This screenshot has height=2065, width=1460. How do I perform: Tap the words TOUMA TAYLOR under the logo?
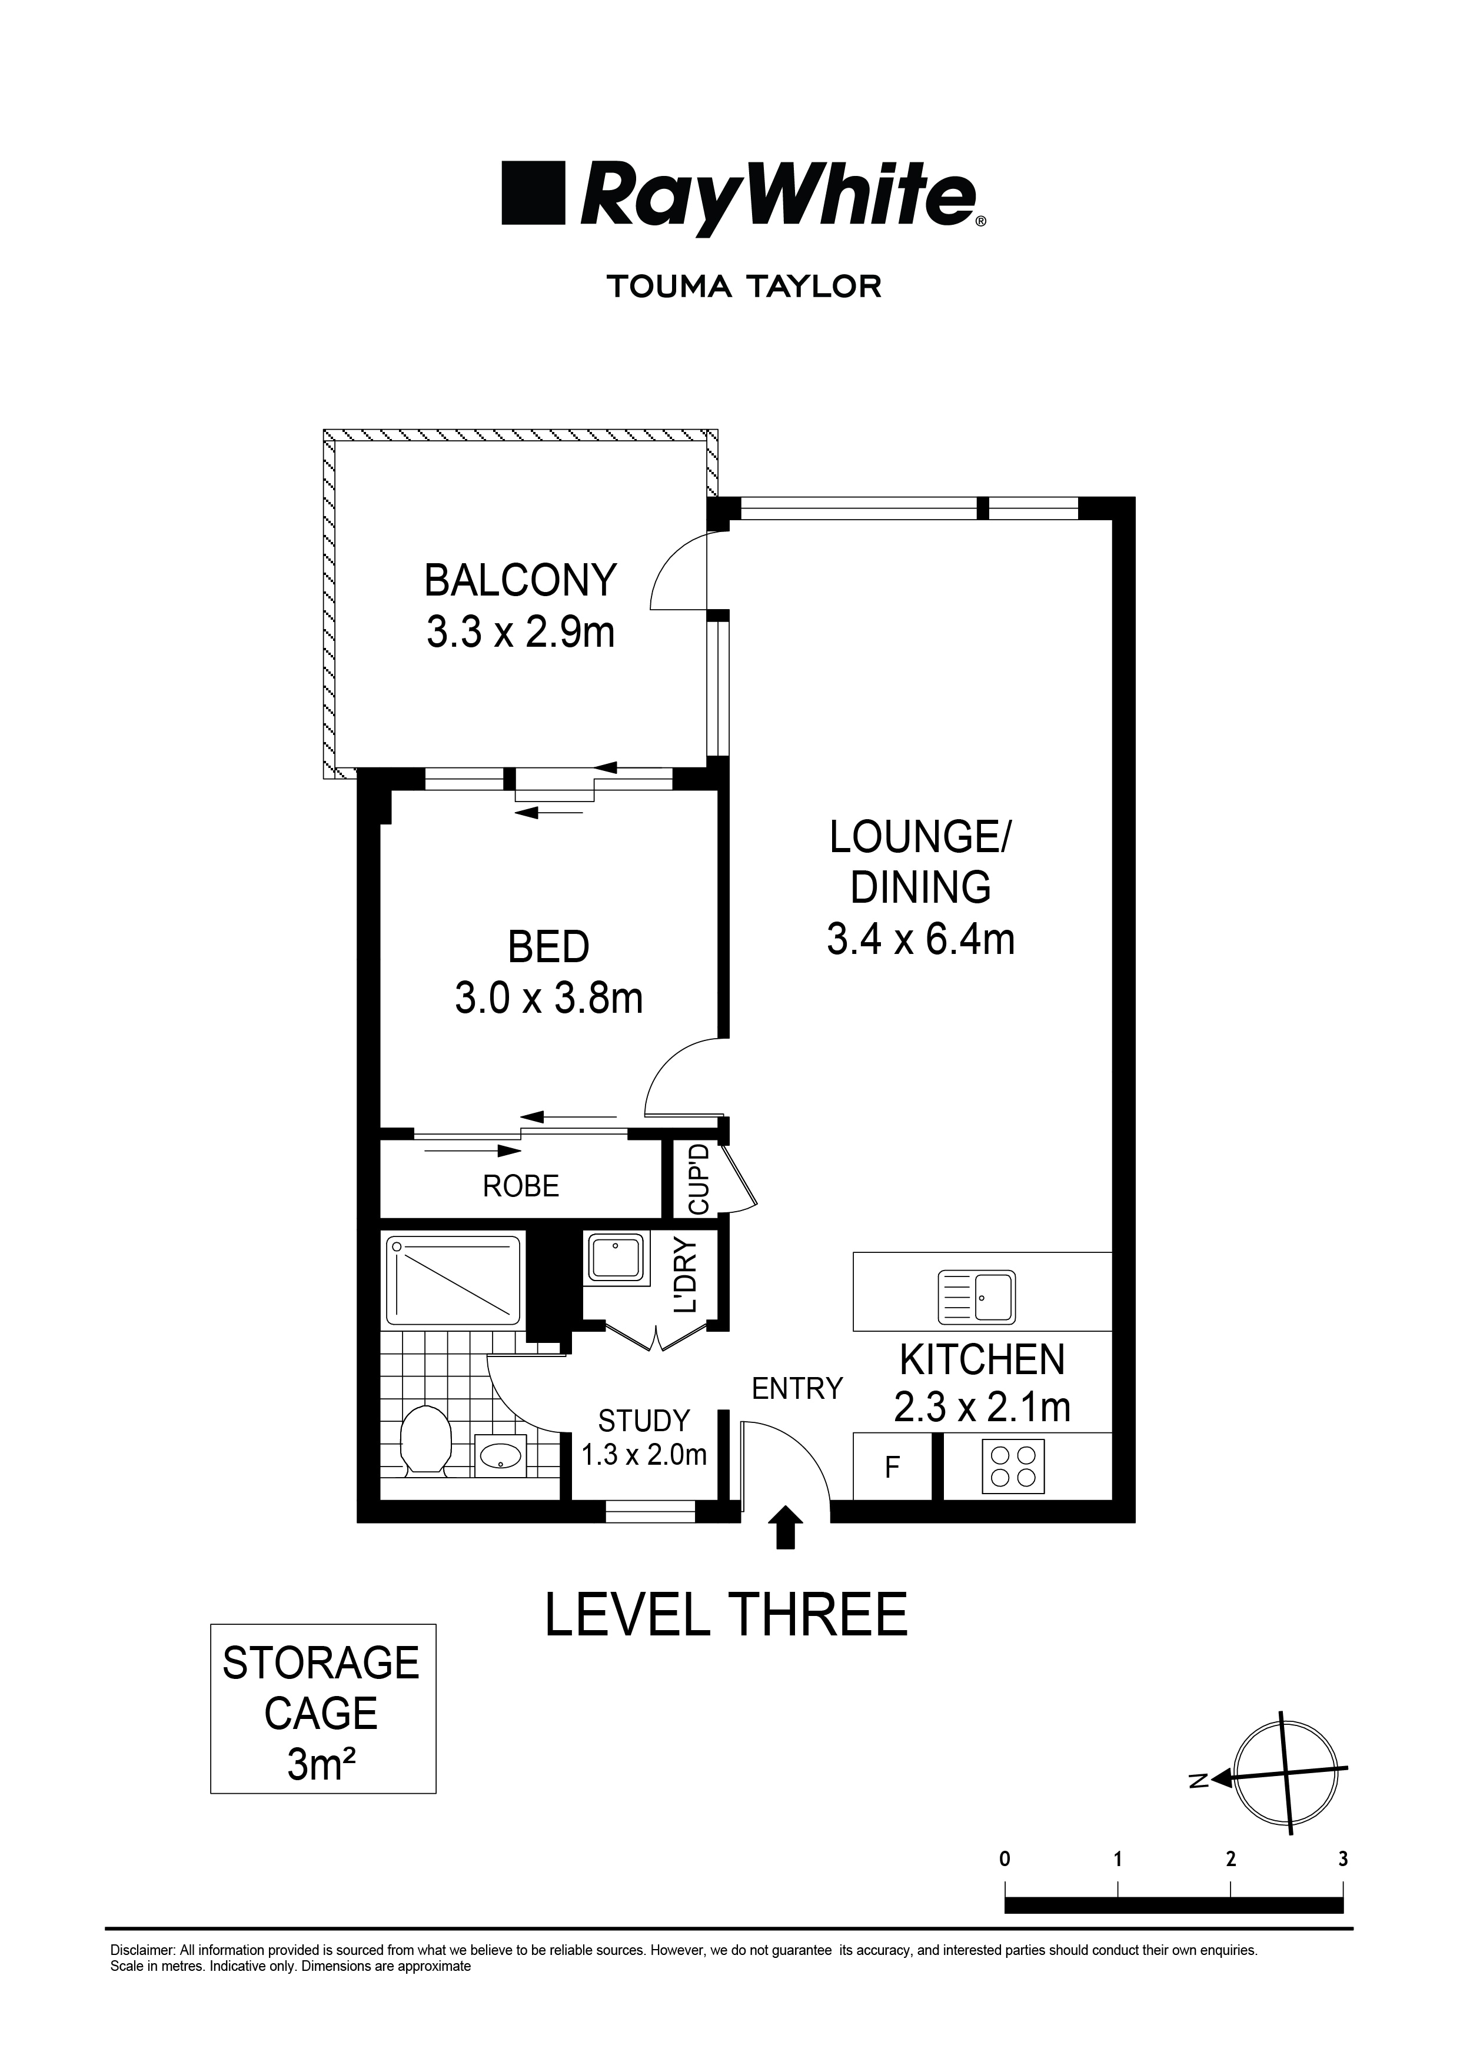743,287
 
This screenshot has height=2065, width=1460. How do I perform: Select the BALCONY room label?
520,580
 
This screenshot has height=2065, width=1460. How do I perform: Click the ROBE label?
521,1186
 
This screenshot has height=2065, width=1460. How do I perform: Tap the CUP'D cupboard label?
699,1180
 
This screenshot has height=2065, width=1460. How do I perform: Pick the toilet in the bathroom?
425,1440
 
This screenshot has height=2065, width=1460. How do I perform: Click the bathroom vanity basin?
502,1455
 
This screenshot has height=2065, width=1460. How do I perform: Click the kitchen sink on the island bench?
976,1297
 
